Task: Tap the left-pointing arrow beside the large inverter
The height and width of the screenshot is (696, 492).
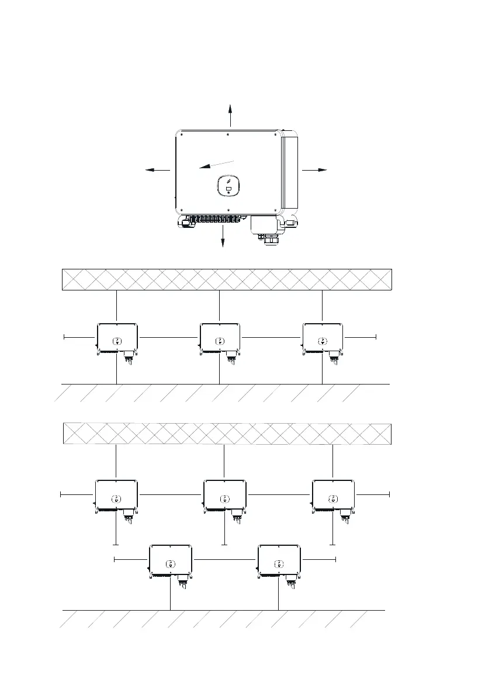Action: [x=157, y=170]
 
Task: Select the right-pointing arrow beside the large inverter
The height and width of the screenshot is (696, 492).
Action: [x=314, y=169]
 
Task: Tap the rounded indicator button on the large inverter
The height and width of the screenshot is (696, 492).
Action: [x=228, y=186]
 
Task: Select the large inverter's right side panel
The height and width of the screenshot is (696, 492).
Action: [x=290, y=172]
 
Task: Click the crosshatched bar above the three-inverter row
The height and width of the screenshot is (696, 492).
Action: [x=227, y=279]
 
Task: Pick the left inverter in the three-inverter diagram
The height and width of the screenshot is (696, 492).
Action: [x=117, y=337]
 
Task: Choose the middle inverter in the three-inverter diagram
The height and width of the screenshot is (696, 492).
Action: [x=220, y=337]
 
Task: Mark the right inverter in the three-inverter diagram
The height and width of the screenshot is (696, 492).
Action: [x=322, y=337]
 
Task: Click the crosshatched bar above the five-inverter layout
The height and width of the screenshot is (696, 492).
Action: [x=227, y=434]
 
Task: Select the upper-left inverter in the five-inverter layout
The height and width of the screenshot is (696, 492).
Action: [x=116, y=495]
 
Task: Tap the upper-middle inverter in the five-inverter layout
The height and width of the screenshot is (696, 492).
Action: [x=225, y=495]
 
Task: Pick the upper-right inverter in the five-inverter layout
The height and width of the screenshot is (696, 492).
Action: [x=333, y=495]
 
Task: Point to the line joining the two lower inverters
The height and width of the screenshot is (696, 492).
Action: [x=225, y=560]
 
